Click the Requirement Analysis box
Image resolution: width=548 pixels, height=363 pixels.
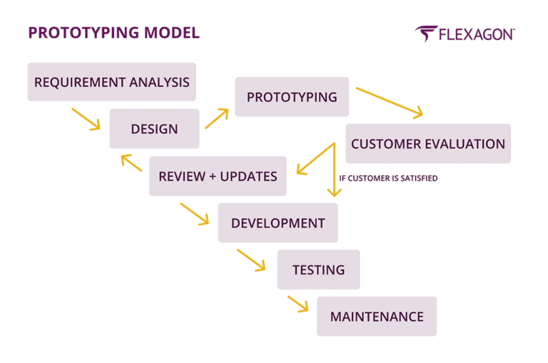click(x=111, y=82)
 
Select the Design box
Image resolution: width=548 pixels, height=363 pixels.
click(x=154, y=129)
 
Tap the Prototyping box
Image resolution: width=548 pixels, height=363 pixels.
click(x=292, y=97)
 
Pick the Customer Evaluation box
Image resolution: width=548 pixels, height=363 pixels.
click(x=427, y=144)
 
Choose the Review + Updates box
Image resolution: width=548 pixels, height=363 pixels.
click(x=218, y=176)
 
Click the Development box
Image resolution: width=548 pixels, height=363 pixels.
click(x=278, y=223)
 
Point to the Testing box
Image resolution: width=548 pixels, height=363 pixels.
click(x=318, y=270)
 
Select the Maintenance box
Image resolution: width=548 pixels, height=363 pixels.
click(x=376, y=317)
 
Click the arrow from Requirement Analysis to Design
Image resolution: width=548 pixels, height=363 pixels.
click(x=86, y=119)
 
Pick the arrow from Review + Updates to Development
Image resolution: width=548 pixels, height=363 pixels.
click(x=195, y=213)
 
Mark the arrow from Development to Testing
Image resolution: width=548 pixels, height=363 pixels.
click(x=251, y=260)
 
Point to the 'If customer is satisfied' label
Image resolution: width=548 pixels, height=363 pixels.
click(x=388, y=178)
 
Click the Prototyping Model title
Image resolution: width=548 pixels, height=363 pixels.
click(x=113, y=33)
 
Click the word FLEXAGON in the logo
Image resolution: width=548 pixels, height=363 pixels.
click(x=476, y=34)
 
